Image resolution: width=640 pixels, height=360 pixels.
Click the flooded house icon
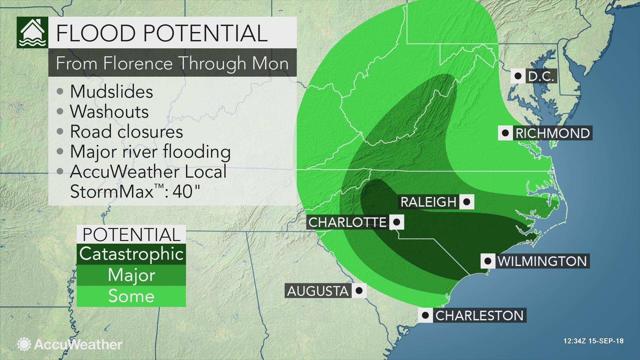tap(32, 32)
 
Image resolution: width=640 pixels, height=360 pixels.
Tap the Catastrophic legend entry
tap(131, 254)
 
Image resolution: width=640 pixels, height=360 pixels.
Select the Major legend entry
tap(131, 275)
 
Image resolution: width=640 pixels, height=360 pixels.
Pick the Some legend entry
tap(131, 296)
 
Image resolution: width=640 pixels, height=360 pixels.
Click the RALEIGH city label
tap(428, 202)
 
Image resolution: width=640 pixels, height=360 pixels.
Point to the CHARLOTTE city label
tap(347, 222)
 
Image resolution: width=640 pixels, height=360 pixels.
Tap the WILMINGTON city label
tap(542, 261)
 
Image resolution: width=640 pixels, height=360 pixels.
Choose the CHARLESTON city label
tap(479, 315)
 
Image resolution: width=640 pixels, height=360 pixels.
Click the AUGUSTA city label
tap(318, 291)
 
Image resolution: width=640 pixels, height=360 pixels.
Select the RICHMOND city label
tap(552, 133)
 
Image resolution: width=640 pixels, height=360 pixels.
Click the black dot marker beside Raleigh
tap(467, 202)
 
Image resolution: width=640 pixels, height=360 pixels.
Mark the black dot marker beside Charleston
tap(425, 315)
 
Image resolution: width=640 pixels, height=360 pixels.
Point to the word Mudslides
tap(111, 92)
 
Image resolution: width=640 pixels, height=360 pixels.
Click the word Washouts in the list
tap(109, 112)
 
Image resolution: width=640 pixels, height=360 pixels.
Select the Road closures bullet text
tap(126, 132)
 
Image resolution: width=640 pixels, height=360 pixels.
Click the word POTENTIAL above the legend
tap(131, 235)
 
